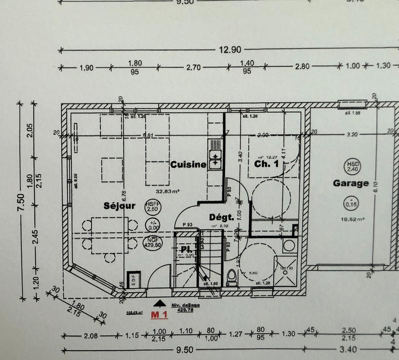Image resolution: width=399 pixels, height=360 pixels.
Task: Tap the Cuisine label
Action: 188,165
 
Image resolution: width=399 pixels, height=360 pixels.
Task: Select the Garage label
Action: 351,183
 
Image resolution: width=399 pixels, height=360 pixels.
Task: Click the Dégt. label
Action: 222,217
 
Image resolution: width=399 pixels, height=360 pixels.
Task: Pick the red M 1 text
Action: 159,314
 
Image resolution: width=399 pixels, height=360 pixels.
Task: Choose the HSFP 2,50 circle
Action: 152,208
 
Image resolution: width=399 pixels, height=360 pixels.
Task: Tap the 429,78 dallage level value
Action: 185,310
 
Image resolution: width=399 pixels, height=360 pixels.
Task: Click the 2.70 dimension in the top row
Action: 193,66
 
